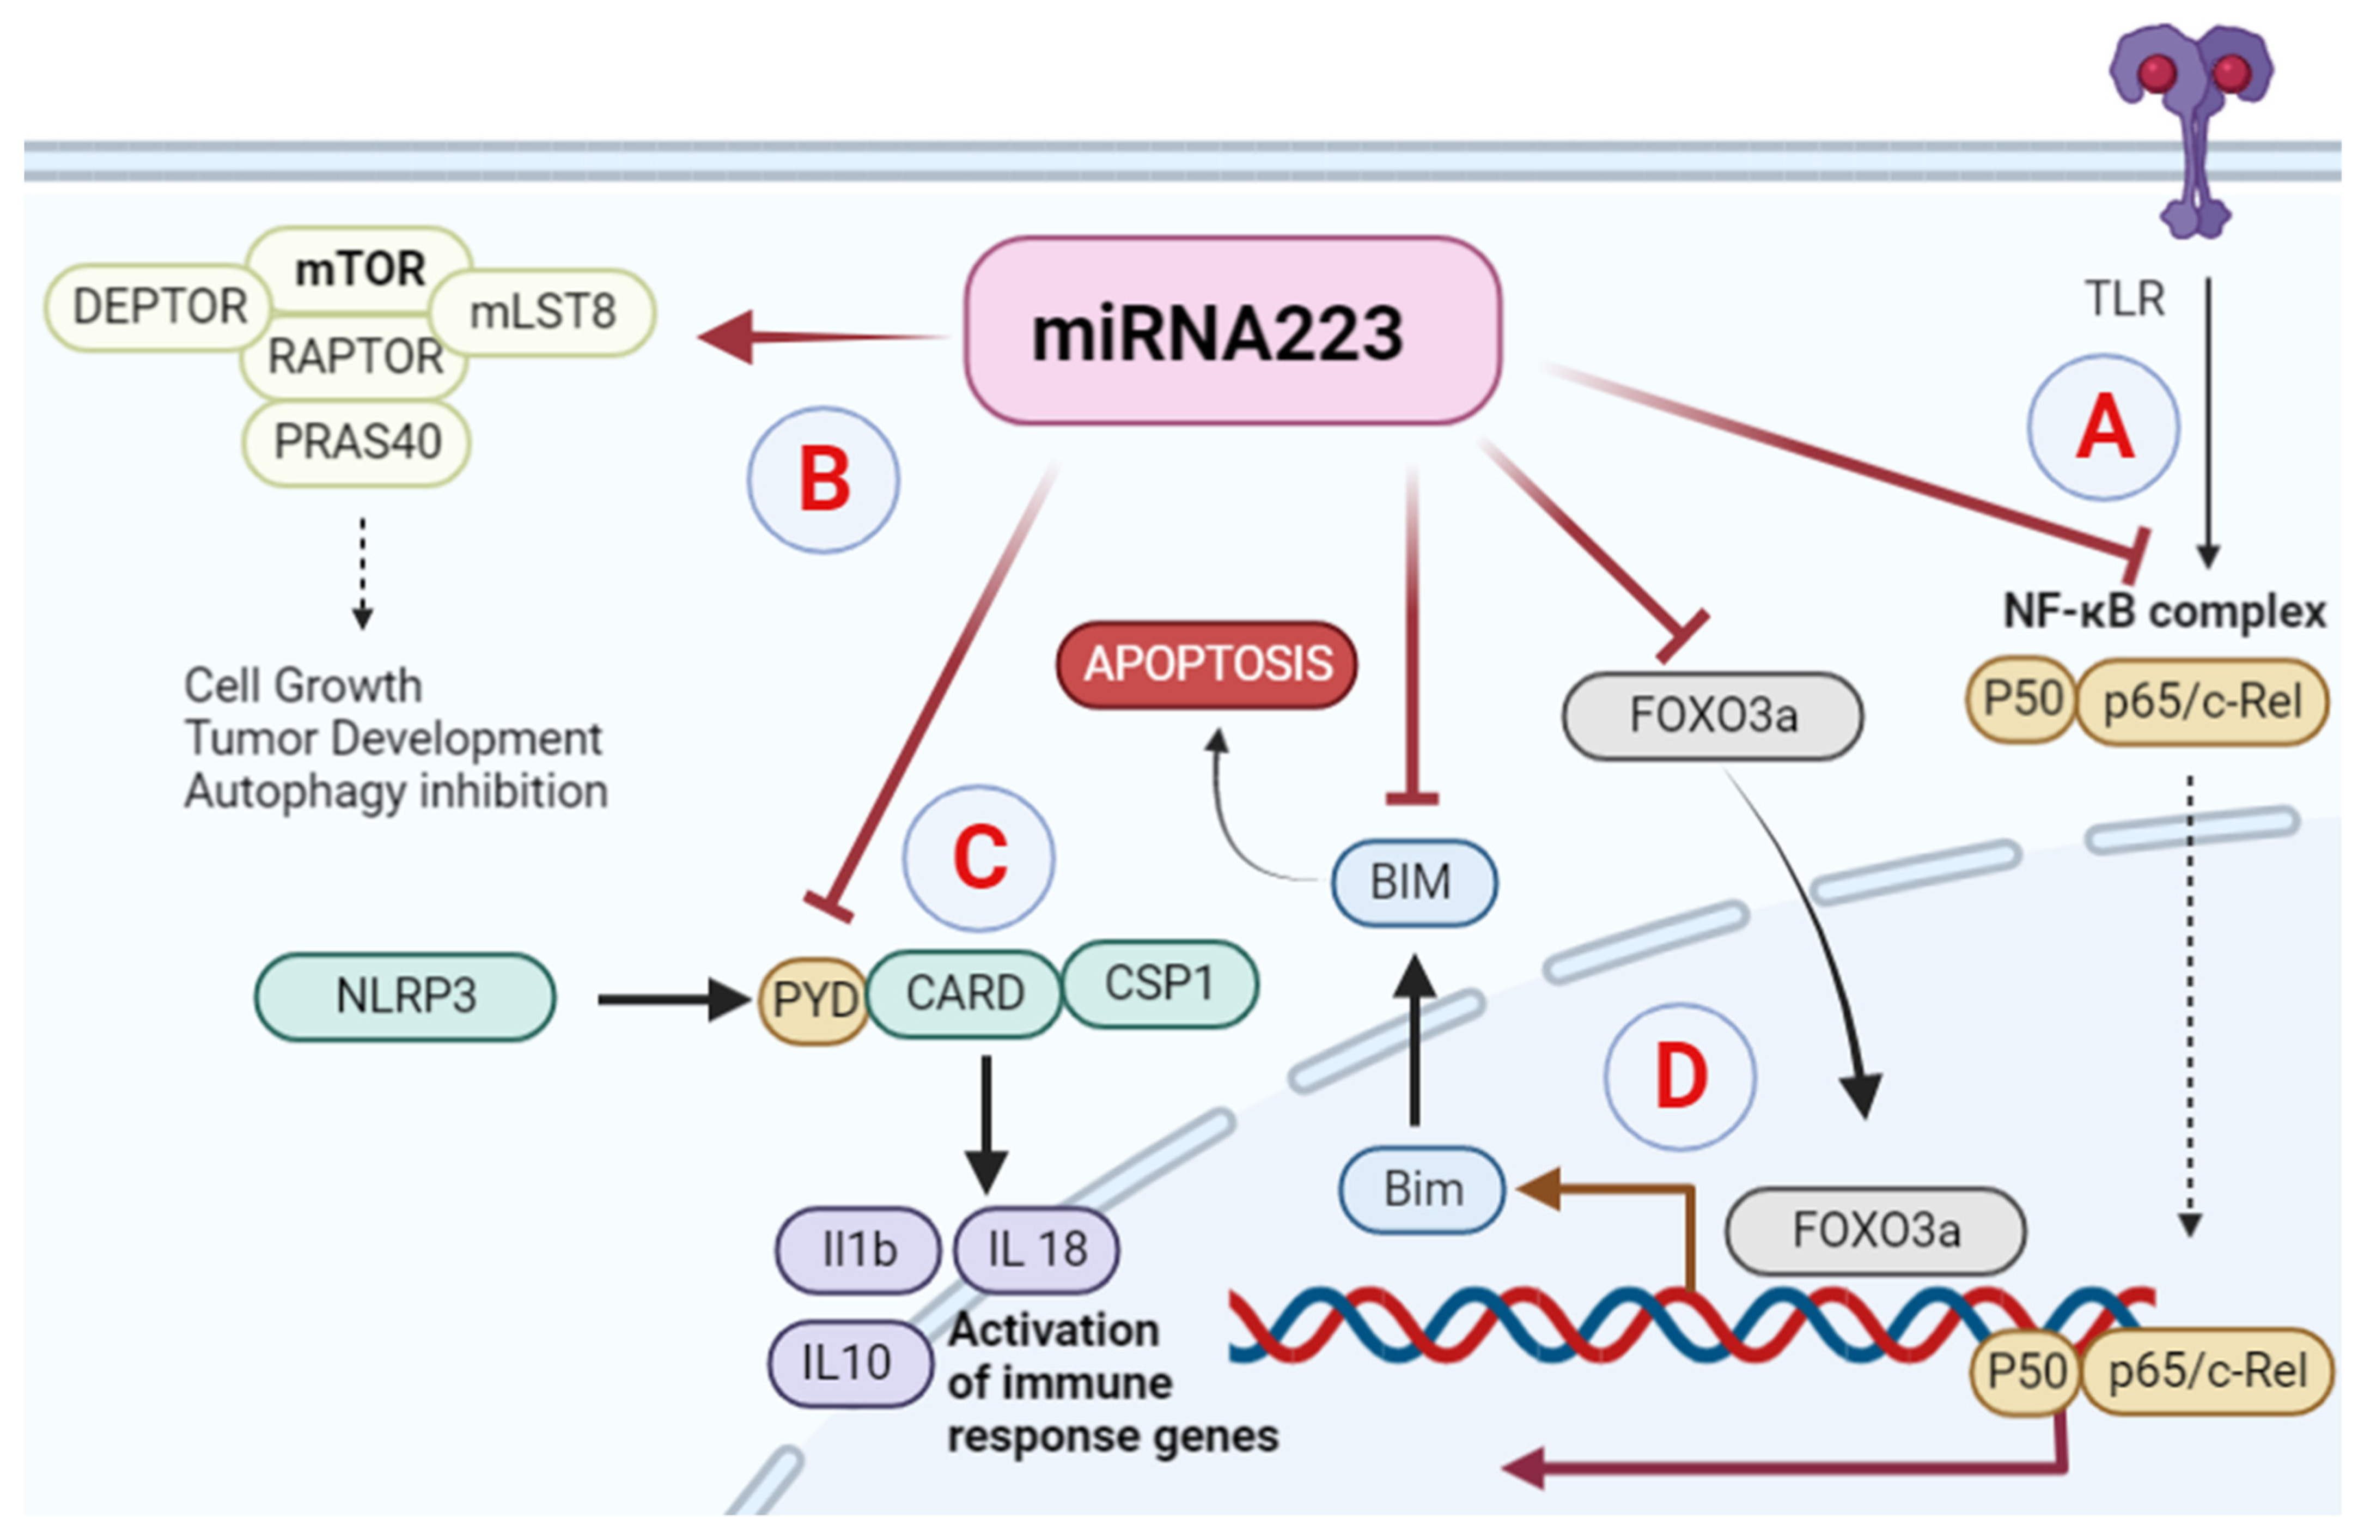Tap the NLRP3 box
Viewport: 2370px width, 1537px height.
[x=405, y=996]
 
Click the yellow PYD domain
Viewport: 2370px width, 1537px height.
[x=814, y=999]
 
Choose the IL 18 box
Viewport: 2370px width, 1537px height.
[x=1037, y=1249]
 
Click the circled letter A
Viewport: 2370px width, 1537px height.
[x=2103, y=427]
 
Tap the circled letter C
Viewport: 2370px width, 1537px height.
[x=979, y=858]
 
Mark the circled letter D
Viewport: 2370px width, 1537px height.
[x=1680, y=1077]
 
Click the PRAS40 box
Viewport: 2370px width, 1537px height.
[x=356, y=442]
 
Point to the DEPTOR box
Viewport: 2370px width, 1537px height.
[x=160, y=307]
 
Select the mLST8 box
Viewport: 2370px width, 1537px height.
[x=543, y=312]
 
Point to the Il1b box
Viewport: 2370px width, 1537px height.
[x=858, y=1249]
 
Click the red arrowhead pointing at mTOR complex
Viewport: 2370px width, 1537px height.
[x=725, y=336]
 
